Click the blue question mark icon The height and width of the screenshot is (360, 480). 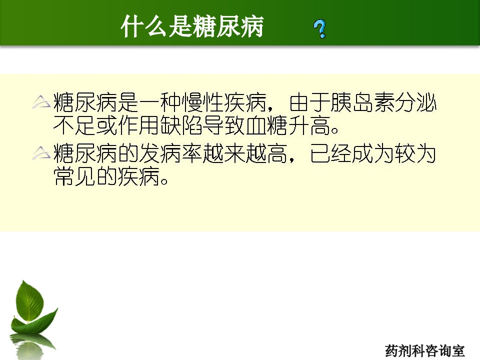[320, 29]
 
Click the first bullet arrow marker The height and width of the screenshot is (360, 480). [41, 102]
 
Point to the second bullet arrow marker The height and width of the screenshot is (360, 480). [41, 153]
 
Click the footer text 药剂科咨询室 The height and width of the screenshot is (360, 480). [424, 350]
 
